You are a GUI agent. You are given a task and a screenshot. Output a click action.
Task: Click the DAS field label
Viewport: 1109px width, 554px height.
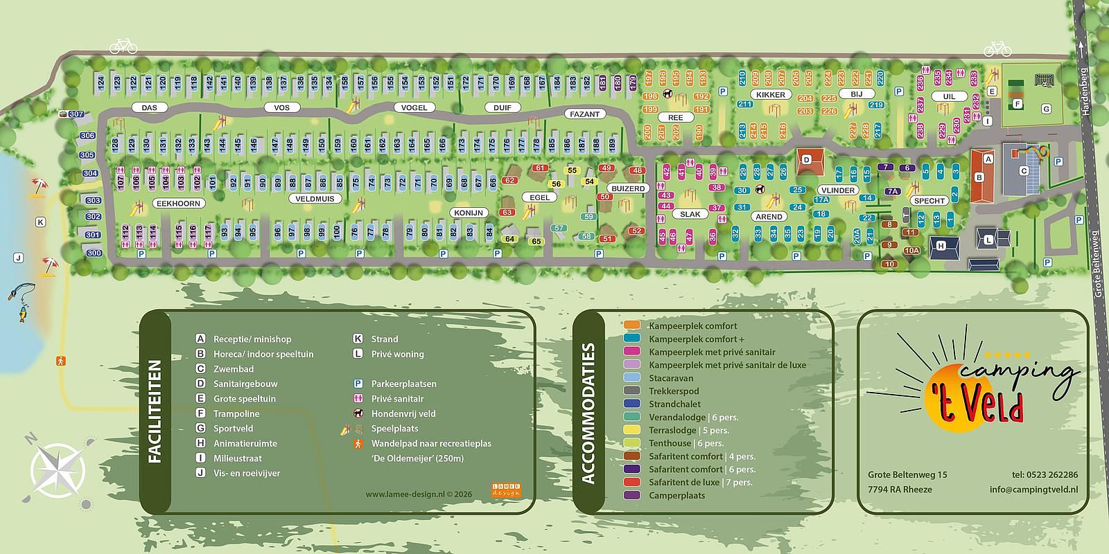150,108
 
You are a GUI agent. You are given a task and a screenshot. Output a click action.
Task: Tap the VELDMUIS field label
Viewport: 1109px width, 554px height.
315,199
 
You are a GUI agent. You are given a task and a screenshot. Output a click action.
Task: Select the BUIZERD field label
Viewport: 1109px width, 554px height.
628,188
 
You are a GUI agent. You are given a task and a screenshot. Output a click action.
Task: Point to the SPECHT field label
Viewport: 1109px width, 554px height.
929,201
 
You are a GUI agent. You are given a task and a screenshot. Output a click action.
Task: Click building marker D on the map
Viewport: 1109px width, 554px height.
806,160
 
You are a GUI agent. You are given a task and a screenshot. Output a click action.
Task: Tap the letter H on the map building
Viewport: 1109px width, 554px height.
941,246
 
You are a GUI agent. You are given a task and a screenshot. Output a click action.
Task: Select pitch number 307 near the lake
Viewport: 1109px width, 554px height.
76,114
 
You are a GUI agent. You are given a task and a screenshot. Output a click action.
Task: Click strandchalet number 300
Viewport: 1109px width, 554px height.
93,253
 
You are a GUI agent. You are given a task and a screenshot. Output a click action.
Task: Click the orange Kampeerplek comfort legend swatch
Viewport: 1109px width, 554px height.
631,325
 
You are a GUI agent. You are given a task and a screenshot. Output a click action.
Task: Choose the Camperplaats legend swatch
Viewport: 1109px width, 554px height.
631,495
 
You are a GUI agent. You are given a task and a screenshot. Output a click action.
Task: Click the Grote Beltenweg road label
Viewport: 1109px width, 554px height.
1097,264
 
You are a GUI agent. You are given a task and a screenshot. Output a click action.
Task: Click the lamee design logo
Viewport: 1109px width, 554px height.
506,490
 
